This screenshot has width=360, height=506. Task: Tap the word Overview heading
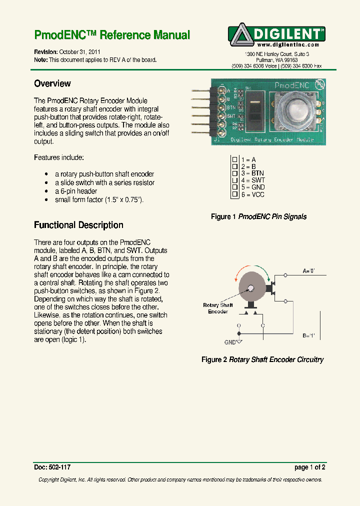pos(52,83)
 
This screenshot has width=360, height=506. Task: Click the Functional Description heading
pos(78,225)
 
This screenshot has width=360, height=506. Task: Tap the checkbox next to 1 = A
pos(234,159)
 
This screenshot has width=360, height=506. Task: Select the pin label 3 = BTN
pos(252,173)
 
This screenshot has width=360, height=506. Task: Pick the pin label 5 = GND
pos(252,187)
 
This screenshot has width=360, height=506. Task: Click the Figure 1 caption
pos(258,216)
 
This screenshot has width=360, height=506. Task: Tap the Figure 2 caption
pos(262,359)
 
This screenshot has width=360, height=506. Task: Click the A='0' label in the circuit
pos(308,270)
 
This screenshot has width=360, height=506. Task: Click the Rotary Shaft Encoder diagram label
pos(218,308)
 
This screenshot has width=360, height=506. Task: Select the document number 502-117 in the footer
pos(59,467)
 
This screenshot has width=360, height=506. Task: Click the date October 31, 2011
pos(79,51)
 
